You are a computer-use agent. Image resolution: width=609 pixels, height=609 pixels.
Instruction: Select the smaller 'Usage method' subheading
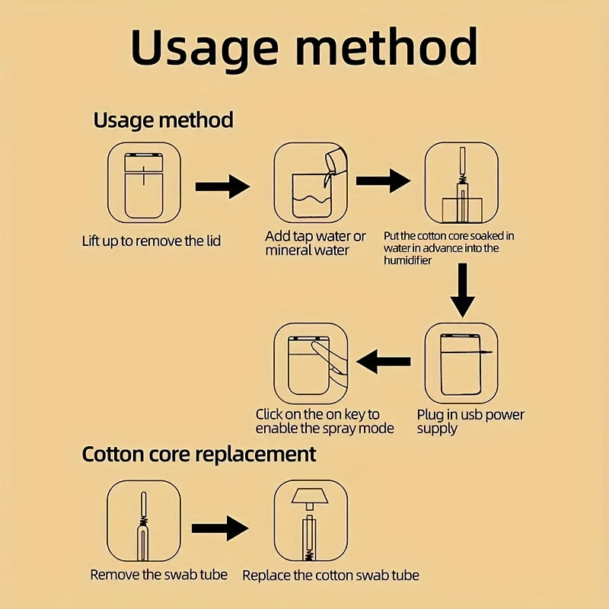[x=163, y=120]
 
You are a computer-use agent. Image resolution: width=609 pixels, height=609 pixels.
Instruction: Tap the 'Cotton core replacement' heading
[x=199, y=454]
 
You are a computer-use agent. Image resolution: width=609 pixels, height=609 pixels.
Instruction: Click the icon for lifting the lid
[x=144, y=183]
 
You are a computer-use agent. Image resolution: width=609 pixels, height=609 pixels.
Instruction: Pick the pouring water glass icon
[x=311, y=183]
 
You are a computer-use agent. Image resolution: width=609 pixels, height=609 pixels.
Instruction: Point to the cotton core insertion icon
[x=461, y=183]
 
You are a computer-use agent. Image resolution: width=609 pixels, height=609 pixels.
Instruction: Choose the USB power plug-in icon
[x=461, y=364]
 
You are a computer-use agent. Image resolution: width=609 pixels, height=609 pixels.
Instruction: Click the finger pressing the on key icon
[x=311, y=364]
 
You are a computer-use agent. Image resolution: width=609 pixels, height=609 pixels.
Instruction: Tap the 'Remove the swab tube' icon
[x=144, y=521]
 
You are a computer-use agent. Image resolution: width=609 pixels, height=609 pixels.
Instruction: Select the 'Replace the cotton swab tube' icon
[x=311, y=521]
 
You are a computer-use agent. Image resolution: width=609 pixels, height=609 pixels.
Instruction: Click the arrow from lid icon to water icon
[x=222, y=187]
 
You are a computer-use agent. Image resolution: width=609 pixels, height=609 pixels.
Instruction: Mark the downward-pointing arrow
[x=462, y=290]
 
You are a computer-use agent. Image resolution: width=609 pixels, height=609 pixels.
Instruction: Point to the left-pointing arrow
[x=384, y=362]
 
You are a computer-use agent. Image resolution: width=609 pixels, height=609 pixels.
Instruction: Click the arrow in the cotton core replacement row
[x=220, y=528]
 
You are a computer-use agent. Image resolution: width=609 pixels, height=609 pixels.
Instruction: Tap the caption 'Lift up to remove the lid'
[x=151, y=241]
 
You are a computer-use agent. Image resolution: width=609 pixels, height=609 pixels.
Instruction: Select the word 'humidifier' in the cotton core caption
[x=407, y=260]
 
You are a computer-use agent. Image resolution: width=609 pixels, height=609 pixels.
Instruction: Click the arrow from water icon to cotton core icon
[x=384, y=180]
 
